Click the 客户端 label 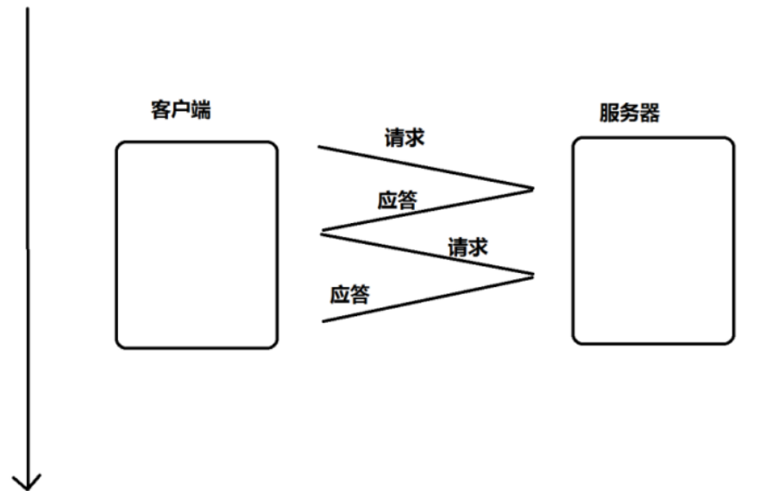pos(180,112)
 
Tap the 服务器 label pos(630,113)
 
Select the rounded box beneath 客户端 pos(197,245)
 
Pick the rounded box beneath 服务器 pos(653,241)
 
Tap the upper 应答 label pos(398,201)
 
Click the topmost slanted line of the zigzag pos(425,167)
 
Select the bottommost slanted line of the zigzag pos(428,298)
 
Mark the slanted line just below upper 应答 pos(427,209)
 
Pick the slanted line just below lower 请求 pos(427,252)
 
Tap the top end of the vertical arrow pos(28,9)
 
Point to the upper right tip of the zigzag pos(533,188)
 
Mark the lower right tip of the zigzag pos(533,275)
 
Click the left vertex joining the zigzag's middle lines pos(322,231)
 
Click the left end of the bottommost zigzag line pos(323,321)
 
